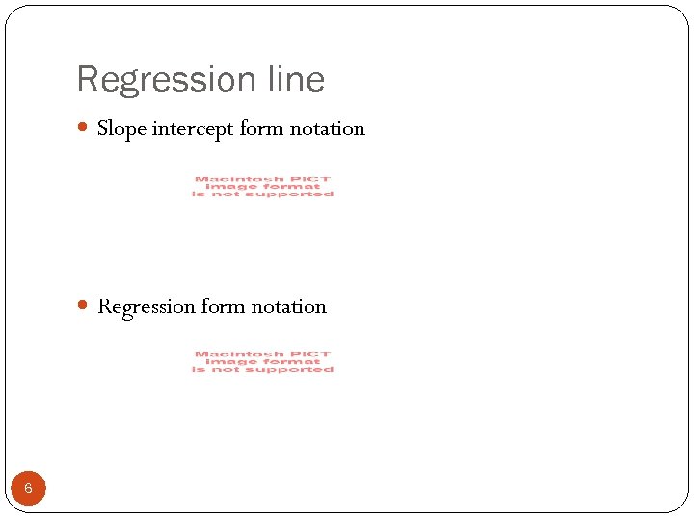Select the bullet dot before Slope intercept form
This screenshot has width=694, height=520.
(x=84, y=128)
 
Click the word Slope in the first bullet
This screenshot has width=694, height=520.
(x=121, y=129)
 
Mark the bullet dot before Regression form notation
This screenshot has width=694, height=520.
(x=84, y=306)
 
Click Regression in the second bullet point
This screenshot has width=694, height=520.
(x=147, y=307)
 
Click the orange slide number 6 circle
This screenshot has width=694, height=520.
(x=28, y=488)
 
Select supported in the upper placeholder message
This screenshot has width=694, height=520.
(x=295, y=195)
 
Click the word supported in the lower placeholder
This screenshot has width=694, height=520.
(x=295, y=370)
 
